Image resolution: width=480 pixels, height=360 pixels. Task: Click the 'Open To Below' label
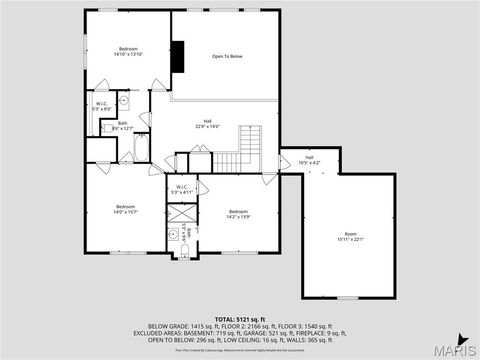(x=227, y=56)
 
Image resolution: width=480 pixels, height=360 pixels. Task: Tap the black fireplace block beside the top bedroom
(x=177, y=56)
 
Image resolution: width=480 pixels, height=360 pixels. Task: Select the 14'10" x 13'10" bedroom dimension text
(x=127, y=55)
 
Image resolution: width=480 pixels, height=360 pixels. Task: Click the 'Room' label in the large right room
(x=349, y=234)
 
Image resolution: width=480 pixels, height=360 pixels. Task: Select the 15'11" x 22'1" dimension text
(x=349, y=240)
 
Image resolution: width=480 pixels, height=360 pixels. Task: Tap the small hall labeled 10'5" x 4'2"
(x=309, y=160)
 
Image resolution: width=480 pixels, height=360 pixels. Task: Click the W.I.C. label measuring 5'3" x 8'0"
(x=102, y=105)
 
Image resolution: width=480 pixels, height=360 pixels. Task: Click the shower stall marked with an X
(x=181, y=214)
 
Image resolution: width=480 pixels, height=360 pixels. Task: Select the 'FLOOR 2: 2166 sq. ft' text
(x=225, y=326)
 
